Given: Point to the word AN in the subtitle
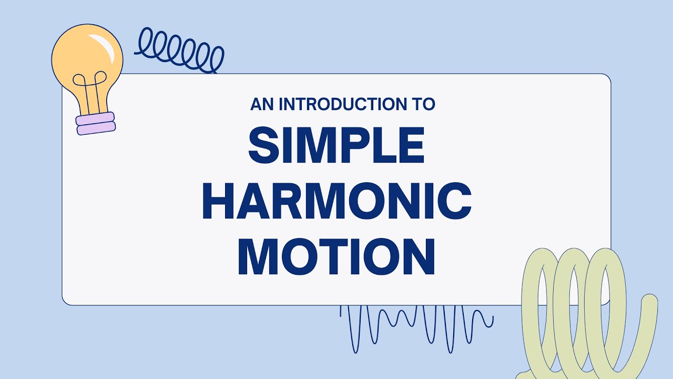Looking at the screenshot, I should pyautogui.click(x=262, y=104).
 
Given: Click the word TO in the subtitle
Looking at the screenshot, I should pyautogui.click(x=424, y=104).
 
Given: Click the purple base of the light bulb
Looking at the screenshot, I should pyautogui.click(x=96, y=123).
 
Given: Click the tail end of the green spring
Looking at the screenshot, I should pyautogui.click(x=650, y=303).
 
